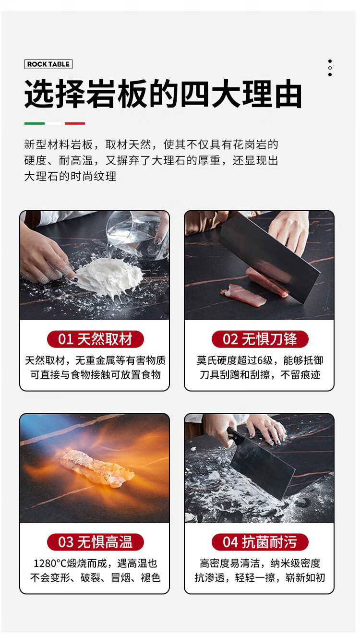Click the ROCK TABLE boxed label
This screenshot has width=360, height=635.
point(48,64)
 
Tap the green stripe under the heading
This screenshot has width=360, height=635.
point(34,123)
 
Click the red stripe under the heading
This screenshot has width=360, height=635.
point(75,123)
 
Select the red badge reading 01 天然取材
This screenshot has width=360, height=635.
point(96,339)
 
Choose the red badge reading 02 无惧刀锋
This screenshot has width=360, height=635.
point(260,339)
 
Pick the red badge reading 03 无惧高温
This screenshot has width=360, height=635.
point(96,542)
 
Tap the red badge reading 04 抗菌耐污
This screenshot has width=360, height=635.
point(260,542)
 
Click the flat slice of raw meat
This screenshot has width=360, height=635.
point(243,295)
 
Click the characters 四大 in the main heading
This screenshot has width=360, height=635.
point(212,94)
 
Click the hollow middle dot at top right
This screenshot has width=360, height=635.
point(330,68)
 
